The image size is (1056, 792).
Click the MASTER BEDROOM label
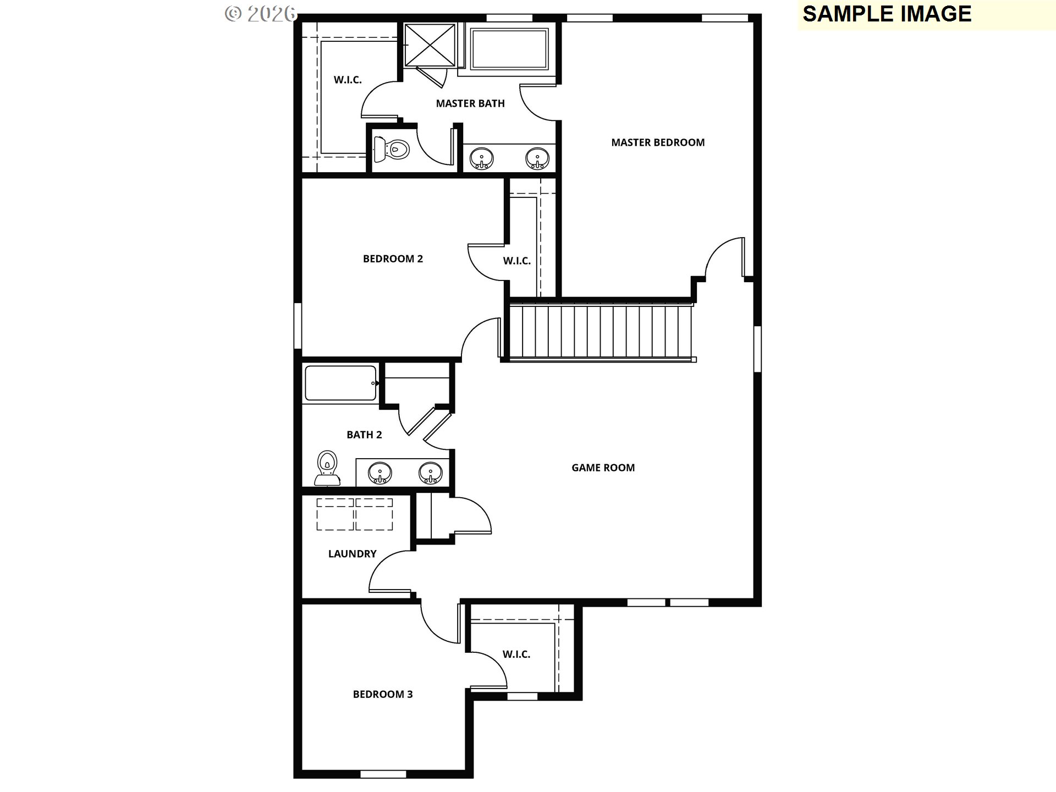(658, 142)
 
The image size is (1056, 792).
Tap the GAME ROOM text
(603, 468)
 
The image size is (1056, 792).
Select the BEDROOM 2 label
(393, 258)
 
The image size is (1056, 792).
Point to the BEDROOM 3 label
(383, 694)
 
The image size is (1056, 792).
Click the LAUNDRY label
(352, 554)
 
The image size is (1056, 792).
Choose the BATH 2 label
(364, 435)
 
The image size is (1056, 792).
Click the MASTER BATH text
(470, 103)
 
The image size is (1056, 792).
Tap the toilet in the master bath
(392, 148)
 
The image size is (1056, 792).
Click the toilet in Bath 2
(327, 469)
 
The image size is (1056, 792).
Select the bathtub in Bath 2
(340, 383)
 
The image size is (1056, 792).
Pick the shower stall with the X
(430, 45)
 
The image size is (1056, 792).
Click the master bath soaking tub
(509, 48)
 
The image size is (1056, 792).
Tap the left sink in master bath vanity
(482, 159)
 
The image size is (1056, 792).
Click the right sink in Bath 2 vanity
(430, 473)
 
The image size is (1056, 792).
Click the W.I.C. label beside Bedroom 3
(516, 654)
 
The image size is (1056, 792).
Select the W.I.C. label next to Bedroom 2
(516, 261)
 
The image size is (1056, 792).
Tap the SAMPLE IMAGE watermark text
(887, 14)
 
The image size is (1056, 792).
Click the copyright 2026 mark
(261, 13)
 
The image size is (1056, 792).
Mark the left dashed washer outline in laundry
(335, 514)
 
